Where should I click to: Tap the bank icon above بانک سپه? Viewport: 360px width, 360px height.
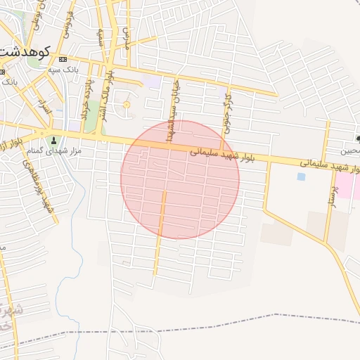(x=63, y=58)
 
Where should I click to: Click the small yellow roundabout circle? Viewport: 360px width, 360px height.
(x=127, y=105)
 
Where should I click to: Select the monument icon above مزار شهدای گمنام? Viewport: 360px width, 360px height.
(x=53, y=141)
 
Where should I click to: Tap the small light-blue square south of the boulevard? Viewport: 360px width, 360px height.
(x=301, y=176)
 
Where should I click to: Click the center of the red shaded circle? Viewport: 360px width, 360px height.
(x=180, y=179)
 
